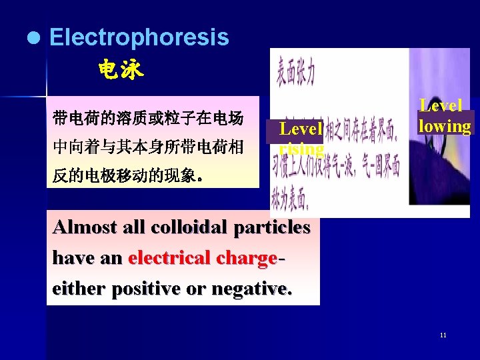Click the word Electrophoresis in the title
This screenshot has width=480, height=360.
point(139,38)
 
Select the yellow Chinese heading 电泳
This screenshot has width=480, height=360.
point(121,69)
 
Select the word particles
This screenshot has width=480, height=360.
point(269,227)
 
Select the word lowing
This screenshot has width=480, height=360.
point(445,126)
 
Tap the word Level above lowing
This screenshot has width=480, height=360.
point(441,105)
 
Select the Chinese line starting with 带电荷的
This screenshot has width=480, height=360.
point(147,119)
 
